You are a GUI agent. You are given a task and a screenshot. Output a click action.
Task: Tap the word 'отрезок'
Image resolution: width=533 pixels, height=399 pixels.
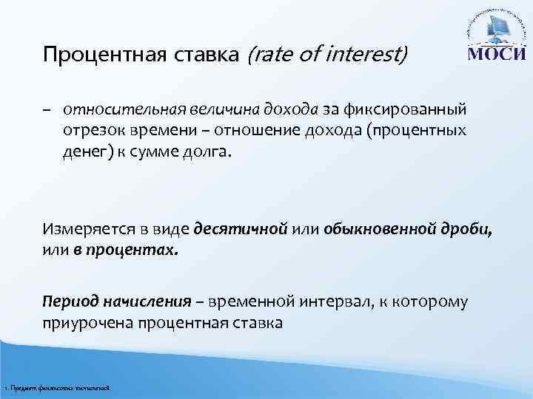90,131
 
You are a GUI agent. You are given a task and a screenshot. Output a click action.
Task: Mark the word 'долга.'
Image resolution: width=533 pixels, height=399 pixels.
216,151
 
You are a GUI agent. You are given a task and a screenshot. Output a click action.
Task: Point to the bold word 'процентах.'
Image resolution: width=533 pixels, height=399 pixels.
127,249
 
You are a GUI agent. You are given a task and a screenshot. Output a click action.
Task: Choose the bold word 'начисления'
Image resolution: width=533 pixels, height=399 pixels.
144,302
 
